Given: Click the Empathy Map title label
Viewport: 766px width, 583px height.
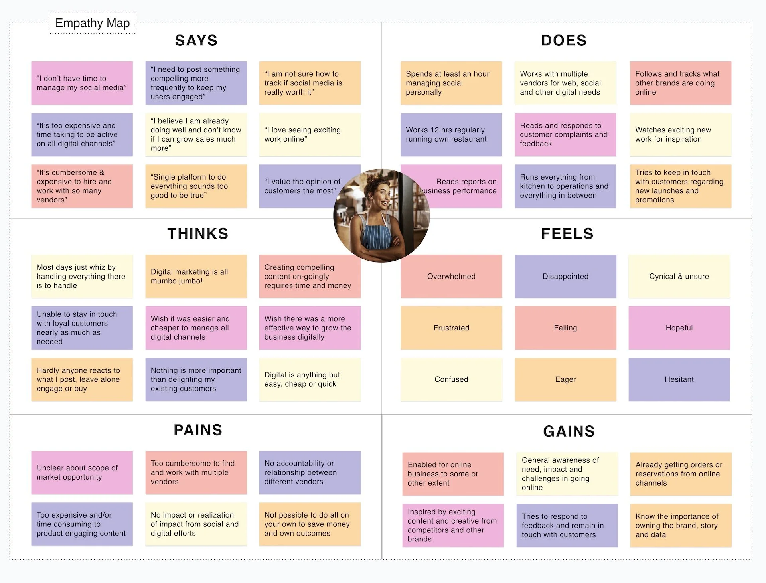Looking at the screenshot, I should point(93,23).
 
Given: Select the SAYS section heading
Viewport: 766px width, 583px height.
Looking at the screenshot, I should point(196,40).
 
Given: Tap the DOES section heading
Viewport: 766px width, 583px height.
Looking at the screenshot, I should point(564,40).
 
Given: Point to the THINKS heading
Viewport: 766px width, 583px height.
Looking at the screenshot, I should point(198,233).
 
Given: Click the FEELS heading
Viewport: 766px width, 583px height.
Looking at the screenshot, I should point(567,233).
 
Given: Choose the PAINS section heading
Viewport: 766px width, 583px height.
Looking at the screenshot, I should point(198,430).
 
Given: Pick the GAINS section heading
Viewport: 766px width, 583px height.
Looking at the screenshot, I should point(569,431).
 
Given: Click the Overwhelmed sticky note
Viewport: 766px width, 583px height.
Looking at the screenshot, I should point(451,276).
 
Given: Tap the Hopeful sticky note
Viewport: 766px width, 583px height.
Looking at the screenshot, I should point(679,328).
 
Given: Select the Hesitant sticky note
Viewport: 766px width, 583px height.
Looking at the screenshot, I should point(679,379).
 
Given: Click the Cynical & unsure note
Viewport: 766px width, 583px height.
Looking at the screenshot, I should point(679,276).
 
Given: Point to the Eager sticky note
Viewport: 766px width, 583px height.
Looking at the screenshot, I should point(565,379).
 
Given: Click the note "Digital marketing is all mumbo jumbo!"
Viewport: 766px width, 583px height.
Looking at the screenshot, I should point(196,276).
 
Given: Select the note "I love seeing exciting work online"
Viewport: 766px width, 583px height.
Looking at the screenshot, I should point(310,134).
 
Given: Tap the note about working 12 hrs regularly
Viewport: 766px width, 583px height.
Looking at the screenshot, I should point(451,134).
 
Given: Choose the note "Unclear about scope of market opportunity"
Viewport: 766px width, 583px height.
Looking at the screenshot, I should point(82,472).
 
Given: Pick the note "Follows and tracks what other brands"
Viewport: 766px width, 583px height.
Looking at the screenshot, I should point(680,83).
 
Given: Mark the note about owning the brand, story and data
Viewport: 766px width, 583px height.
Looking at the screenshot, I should point(681,525).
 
